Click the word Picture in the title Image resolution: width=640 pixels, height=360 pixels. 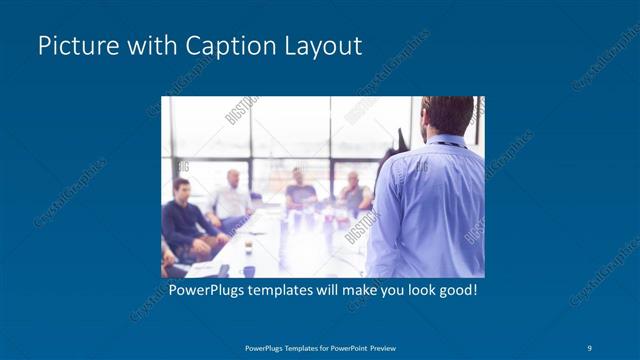(73, 46)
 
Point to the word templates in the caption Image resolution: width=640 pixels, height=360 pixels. (285, 291)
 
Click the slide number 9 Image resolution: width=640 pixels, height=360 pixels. (590, 348)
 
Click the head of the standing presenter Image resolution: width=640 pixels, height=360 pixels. (448, 114)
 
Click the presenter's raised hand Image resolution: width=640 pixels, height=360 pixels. (397, 140)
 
